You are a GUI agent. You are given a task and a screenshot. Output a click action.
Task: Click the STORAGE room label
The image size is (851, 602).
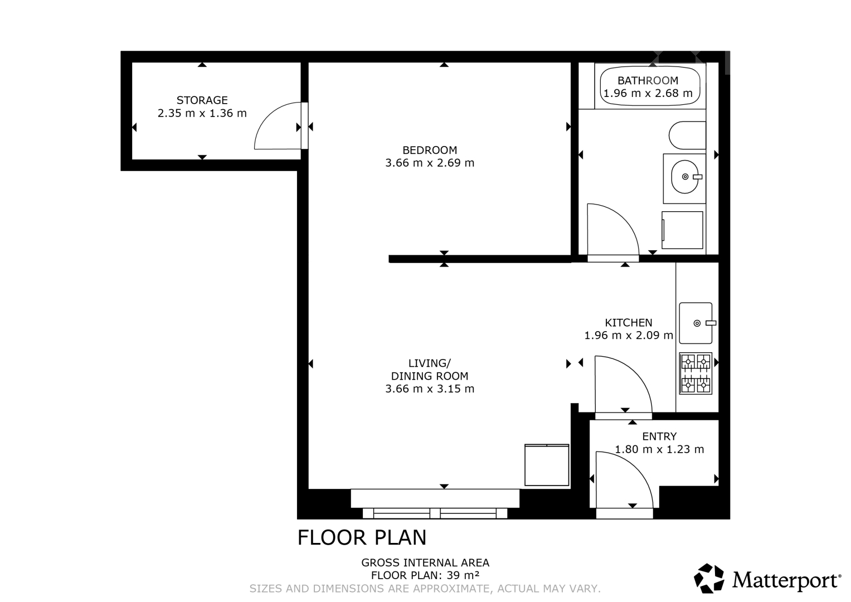202,100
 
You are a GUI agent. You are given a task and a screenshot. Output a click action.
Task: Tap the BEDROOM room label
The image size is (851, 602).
430,150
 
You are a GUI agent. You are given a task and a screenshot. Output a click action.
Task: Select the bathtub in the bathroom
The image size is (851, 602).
650,86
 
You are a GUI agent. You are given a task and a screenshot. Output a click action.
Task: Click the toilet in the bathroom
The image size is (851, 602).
687,135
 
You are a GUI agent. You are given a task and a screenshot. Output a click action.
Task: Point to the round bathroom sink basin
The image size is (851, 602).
684,177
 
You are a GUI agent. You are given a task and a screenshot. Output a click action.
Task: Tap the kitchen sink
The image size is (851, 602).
696,323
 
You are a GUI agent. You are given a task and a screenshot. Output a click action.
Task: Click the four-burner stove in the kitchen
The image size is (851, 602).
696,373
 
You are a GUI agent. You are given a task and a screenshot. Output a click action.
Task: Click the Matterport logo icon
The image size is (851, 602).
709,578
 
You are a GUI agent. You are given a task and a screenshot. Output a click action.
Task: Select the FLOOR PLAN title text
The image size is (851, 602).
362,537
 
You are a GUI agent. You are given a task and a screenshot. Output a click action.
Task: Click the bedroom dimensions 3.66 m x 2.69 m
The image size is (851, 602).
430,163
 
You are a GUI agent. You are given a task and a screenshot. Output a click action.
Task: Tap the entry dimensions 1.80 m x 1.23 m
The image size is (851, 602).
659,449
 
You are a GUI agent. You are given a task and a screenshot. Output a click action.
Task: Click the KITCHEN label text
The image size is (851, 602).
629,323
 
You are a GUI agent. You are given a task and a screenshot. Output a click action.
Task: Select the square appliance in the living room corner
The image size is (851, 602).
547,465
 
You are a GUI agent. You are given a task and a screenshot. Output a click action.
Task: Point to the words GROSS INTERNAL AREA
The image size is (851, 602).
425,562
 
